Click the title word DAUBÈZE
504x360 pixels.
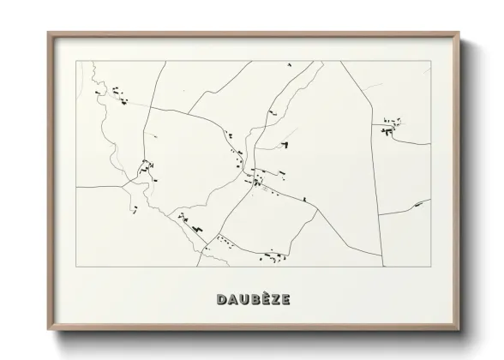(x=253, y=299)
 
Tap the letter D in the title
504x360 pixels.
(x=222, y=299)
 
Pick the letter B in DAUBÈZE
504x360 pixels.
(x=253, y=299)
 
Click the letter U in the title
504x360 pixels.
(x=243, y=299)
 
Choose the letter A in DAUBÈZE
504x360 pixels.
(x=232, y=299)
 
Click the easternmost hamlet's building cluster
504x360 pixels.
(x=393, y=127)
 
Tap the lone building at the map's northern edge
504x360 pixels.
(x=289, y=65)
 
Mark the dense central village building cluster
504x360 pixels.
(x=256, y=178)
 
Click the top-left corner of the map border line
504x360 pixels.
(x=76, y=61)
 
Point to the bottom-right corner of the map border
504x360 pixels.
(x=430, y=267)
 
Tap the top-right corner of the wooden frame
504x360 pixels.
(x=460, y=33)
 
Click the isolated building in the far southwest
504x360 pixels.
(x=135, y=208)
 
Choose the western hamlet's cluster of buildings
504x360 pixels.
(x=147, y=165)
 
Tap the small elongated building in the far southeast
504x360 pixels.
(x=418, y=204)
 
